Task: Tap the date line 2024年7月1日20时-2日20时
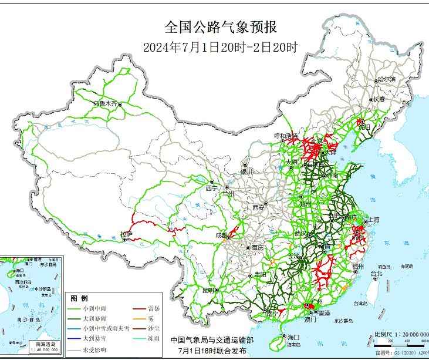coord(220,47)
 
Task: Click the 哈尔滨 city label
coord(386,79)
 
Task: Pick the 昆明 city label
coord(208,290)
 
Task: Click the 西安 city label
coord(259,207)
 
